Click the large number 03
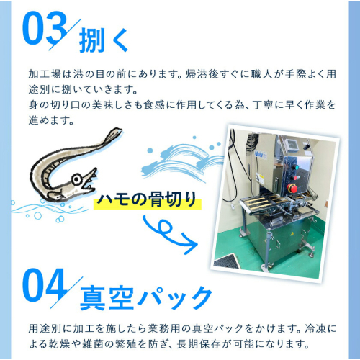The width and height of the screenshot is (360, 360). [x=44, y=28]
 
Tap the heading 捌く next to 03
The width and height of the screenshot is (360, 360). [x=104, y=40]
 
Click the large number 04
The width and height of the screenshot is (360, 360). [x=44, y=285]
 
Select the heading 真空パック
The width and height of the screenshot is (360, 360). [x=145, y=298]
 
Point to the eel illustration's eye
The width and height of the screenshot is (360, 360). [x=77, y=179]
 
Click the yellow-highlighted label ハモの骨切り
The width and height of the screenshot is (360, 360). [x=147, y=199]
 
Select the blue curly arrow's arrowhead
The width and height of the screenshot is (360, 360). [x=189, y=243]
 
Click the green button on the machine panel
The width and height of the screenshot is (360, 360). [x=297, y=168]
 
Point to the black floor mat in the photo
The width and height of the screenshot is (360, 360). [x=226, y=261]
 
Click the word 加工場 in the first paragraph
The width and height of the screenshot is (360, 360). [x=45, y=74]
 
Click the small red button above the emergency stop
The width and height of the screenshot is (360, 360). [x=295, y=178]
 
